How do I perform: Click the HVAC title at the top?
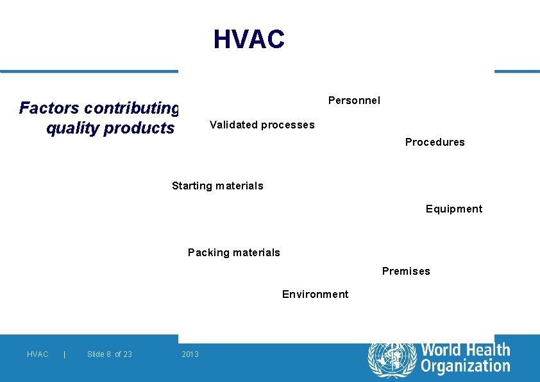point(249,40)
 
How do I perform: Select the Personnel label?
point(354,100)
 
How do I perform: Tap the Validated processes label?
point(262,125)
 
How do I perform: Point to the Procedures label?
point(435,142)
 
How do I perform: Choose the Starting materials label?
point(217,186)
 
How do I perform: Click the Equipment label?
point(454,209)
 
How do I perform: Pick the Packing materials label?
point(234,252)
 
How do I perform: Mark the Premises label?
point(406,271)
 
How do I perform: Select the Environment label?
point(315,294)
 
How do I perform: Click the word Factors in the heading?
point(49,108)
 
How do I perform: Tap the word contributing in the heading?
point(131,108)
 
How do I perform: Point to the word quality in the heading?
point(72,128)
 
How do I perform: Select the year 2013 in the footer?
point(190,354)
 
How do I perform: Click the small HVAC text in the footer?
point(38,354)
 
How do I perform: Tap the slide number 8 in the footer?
point(109,354)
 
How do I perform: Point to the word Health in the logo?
point(485,351)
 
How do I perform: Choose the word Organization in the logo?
point(466,367)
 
